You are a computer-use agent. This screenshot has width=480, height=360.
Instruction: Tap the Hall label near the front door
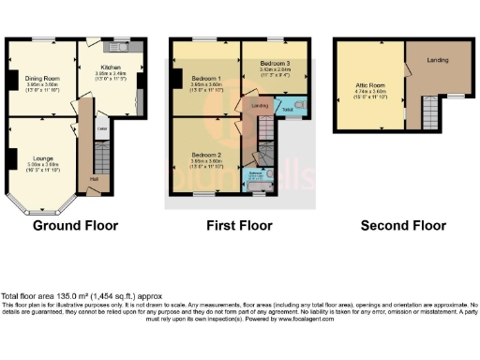click(x=94, y=178)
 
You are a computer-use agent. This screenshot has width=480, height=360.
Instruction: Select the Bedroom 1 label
click(x=205, y=78)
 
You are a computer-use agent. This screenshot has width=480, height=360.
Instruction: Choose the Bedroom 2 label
click(x=205, y=154)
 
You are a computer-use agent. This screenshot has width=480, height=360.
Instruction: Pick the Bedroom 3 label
click(x=274, y=62)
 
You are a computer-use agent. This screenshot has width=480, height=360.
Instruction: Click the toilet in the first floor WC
click(x=300, y=106)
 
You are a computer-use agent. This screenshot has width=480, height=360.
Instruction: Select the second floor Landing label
click(x=437, y=60)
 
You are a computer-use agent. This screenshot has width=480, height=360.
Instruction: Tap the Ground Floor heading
click(x=74, y=225)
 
